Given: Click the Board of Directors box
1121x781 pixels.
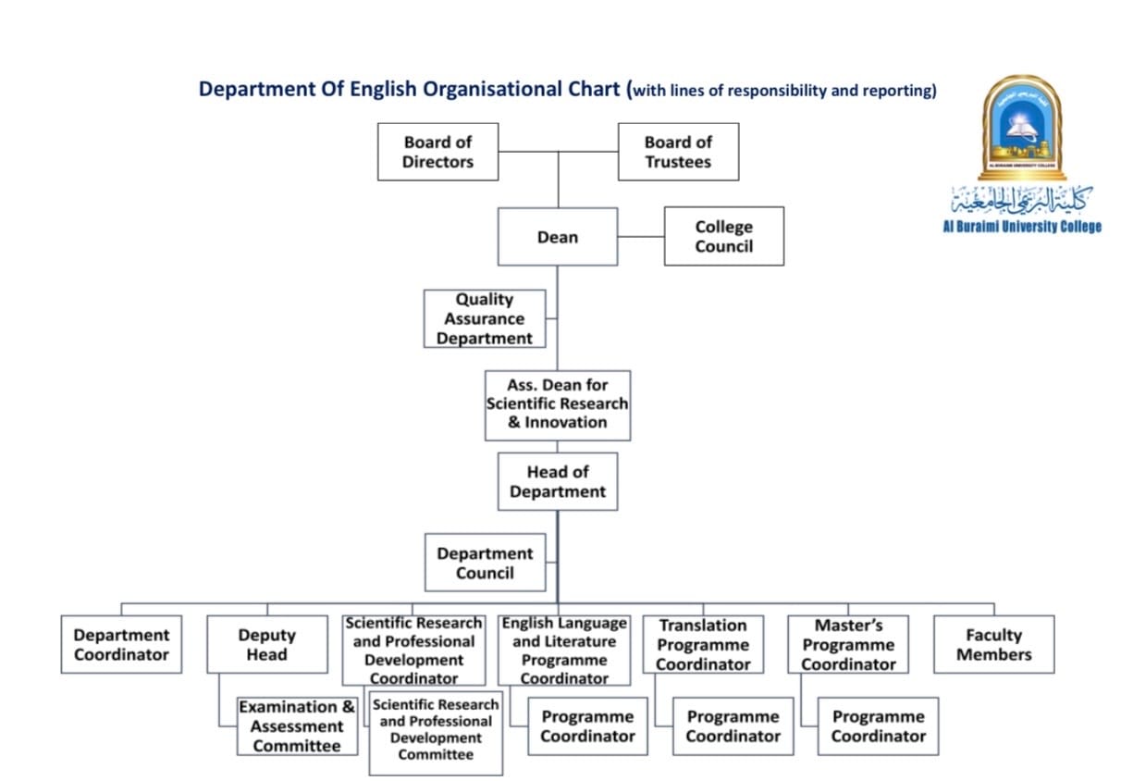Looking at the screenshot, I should click(437, 152).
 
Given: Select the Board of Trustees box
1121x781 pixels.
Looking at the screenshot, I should click(678, 152).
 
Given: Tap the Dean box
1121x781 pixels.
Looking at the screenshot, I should click(558, 237).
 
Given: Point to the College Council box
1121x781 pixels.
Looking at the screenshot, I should click(723, 236).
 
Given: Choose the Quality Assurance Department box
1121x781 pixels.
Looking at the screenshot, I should click(485, 318).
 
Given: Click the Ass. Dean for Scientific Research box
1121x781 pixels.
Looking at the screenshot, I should click(558, 404).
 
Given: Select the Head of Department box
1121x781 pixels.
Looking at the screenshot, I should click(558, 481).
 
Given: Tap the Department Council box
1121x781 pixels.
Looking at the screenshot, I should click(485, 563).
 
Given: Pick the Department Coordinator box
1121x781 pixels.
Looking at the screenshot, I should click(121, 644).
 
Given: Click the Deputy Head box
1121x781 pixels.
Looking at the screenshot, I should click(266, 644).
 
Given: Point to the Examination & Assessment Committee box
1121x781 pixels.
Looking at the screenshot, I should click(297, 726).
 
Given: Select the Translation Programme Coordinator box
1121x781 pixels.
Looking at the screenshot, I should click(703, 644).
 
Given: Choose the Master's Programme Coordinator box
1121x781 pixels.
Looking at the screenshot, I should click(848, 644).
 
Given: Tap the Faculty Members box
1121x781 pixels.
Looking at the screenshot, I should click(993, 644).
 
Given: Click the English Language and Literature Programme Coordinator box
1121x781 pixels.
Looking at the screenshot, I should click(564, 650).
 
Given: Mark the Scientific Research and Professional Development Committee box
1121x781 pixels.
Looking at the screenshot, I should click(436, 732).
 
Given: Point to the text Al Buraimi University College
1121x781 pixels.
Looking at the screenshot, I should click(1021, 227).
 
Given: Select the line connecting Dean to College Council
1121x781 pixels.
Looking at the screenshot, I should click(641, 236).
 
